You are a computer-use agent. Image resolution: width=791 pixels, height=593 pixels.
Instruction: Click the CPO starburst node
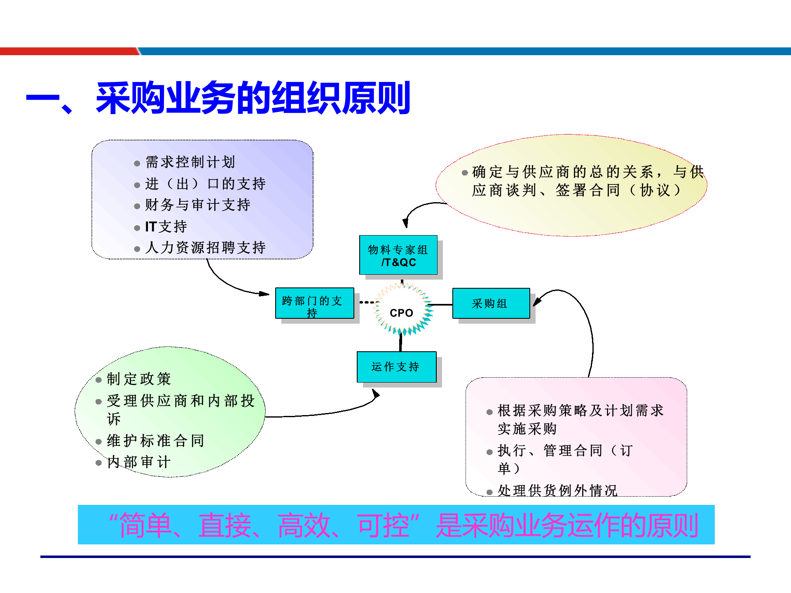coord(401,313)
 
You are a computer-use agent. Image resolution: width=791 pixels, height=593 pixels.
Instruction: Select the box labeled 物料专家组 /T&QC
coord(398,255)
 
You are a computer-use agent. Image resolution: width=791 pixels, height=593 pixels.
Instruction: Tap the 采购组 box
coord(491,304)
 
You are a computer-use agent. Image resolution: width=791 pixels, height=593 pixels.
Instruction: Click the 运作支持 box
coord(396,367)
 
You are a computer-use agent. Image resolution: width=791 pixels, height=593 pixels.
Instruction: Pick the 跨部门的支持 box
coord(314,304)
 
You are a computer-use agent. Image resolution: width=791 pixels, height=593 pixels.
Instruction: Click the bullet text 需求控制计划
coord(190,162)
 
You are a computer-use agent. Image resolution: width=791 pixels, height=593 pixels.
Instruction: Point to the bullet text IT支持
coord(166,226)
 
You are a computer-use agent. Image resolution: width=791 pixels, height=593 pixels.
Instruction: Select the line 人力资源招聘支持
coord(205,247)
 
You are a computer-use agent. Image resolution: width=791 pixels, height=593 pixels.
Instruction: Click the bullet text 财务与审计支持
coord(197,205)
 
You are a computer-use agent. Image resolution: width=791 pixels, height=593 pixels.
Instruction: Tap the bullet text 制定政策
coord(139,379)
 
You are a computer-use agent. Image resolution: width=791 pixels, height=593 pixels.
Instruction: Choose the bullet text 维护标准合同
coord(155,441)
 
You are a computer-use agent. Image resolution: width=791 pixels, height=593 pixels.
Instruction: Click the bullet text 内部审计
coord(139,462)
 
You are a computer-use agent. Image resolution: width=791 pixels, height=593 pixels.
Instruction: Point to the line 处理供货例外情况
coord(557,490)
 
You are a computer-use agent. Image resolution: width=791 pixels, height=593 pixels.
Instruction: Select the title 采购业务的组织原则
coord(253,98)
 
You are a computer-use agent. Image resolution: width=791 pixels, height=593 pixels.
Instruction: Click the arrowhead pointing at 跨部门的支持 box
coord(264,294)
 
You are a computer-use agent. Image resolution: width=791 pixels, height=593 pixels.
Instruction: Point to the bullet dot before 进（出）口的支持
coord(137,185)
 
